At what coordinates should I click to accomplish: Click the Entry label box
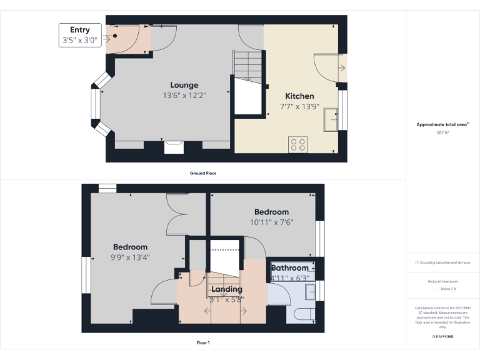[x=80, y=35]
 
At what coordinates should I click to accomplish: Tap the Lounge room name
[x=184, y=85]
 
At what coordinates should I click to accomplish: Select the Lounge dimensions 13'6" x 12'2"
[x=184, y=96]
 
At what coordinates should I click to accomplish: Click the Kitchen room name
[x=299, y=96]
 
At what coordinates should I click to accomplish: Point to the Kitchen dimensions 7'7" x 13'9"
[x=299, y=107]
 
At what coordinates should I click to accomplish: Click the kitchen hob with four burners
[x=298, y=144]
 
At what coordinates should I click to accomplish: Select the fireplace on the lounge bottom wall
[x=173, y=147]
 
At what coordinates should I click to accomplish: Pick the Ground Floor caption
[x=203, y=173]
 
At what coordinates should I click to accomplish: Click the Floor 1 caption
[x=203, y=342]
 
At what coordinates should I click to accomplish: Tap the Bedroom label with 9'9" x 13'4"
[x=130, y=247]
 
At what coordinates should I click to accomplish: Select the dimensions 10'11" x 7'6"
[x=272, y=222]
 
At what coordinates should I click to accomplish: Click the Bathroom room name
[x=289, y=268]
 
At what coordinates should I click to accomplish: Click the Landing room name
[x=226, y=289]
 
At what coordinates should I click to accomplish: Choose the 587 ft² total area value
[x=442, y=133]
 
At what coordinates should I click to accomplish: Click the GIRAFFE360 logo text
[x=442, y=337]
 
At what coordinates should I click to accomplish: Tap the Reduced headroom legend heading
[x=442, y=281]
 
